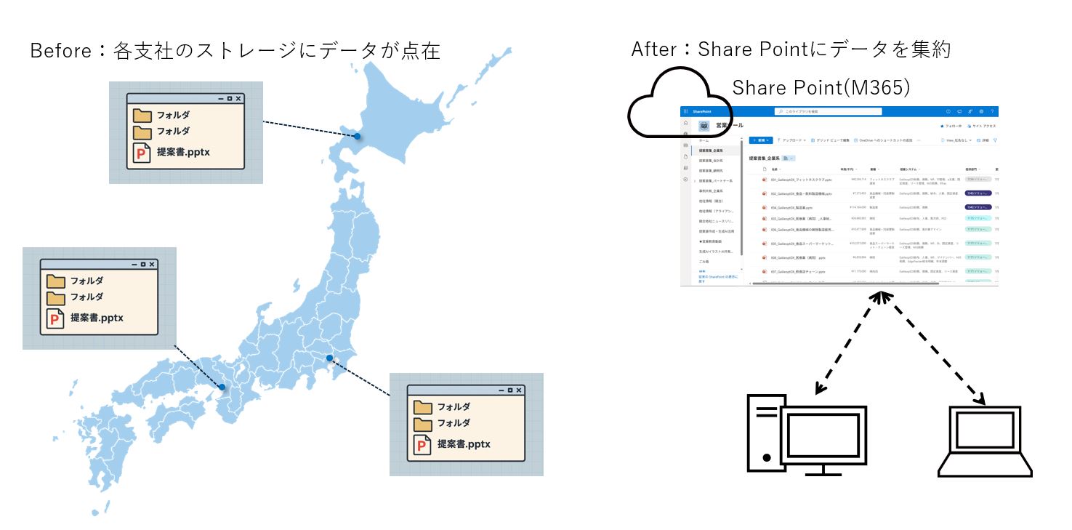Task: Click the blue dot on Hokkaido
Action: click(357, 136)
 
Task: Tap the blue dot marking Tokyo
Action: click(329, 358)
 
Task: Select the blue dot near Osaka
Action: click(222, 388)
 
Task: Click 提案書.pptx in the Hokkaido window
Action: click(183, 153)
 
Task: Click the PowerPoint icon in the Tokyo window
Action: click(422, 445)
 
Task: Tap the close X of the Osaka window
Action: click(152, 265)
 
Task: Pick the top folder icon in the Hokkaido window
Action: click(142, 115)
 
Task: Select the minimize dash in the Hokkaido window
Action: click(220, 99)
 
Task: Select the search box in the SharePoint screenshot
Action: click(829, 111)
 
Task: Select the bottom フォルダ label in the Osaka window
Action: click(86, 297)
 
